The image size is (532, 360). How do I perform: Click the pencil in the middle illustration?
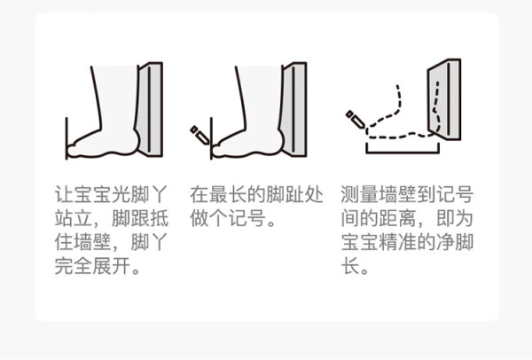pyautogui.click(x=199, y=135)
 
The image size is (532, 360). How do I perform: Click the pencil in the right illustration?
pyautogui.click(x=356, y=119)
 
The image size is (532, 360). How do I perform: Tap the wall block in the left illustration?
pyautogui.click(x=149, y=109)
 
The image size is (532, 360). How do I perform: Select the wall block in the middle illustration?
pyautogui.click(x=293, y=109)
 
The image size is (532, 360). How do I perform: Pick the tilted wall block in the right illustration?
pyautogui.click(x=444, y=99)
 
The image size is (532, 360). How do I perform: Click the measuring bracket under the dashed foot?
pyautogui.click(x=403, y=152)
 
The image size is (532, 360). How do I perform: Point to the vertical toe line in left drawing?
pyautogui.click(x=66, y=138)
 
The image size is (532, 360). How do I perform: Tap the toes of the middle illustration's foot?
pyautogui.click(x=218, y=149)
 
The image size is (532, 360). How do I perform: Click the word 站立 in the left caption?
pyautogui.click(x=74, y=218)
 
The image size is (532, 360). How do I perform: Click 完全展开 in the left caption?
pyautogui.click(x=92, y=266)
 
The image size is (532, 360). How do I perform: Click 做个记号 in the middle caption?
pyautogui.click(x=228, y=218)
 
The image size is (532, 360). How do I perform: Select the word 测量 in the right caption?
pyautogui.click(x=360, y=194)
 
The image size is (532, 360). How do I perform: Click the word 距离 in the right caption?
pyautogui.click(x=397, y=218)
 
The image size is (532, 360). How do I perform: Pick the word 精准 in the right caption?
pyautogui.click(x=397, y=242)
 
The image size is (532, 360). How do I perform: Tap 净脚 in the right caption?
pyautogui.click(x=455, y=242)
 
